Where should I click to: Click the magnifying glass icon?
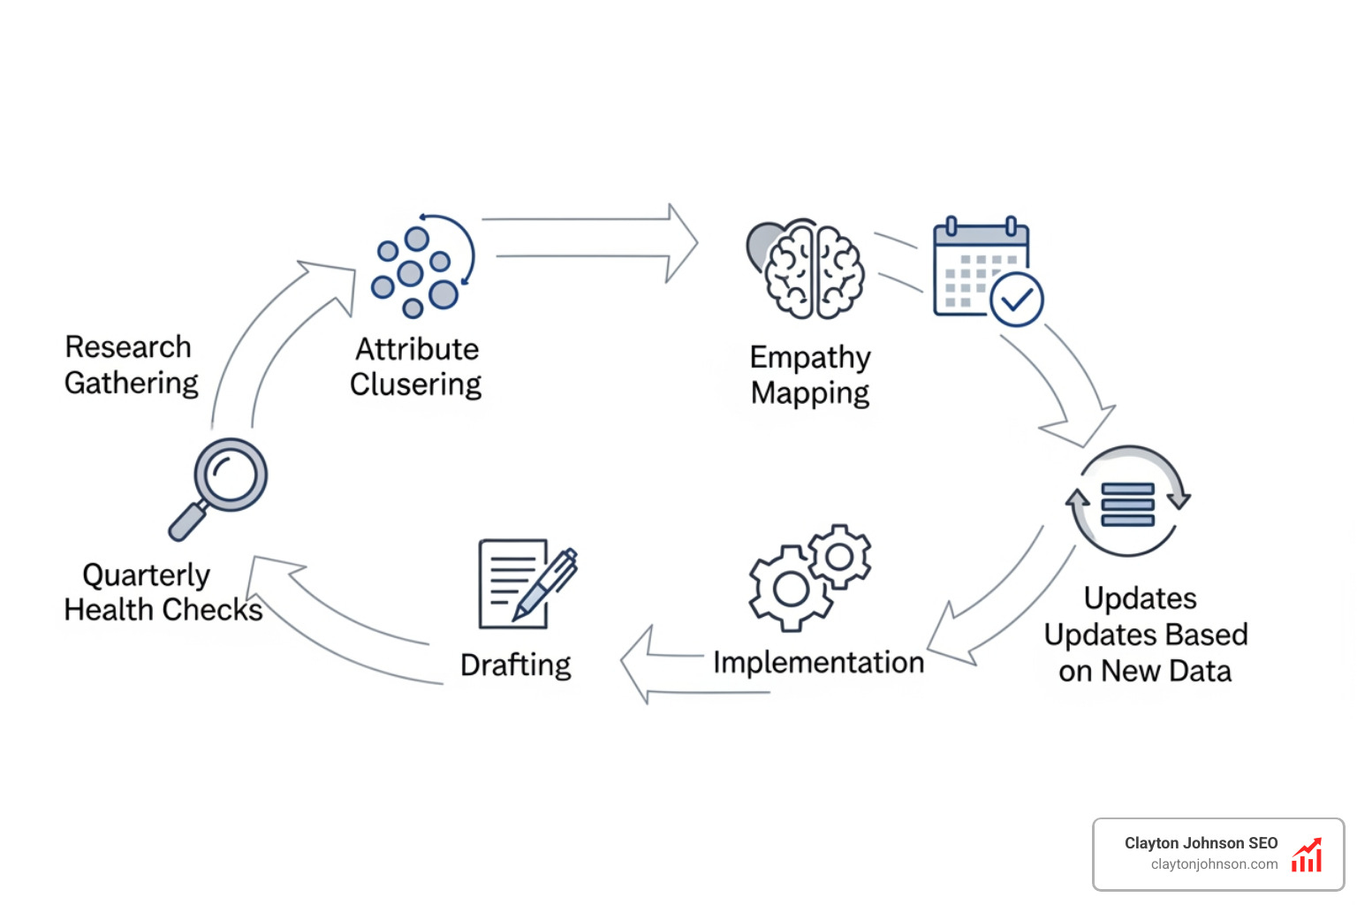click(x=220, y=486)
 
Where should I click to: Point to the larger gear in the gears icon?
click(x=791, y=588)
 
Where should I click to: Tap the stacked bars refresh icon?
click(x=1128, y=502)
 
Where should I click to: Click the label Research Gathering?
click(x=131, y=365)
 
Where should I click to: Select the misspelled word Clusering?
click(x=415, y=385)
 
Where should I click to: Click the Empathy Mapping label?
click(x=810, y=375)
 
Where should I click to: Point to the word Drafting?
click(x=516, y=665)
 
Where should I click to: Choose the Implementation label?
click(x=818, y=663)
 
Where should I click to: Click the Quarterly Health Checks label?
click(x=163, y=592)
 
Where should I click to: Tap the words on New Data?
click(x=1145, y=672)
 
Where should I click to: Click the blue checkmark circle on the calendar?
click(x=1017, y=300)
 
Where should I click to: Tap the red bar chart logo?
click(x=1307, y=856)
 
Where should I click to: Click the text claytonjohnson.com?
click(x=1214, y=864)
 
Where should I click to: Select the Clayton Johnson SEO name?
click(x=1201, y=843)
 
